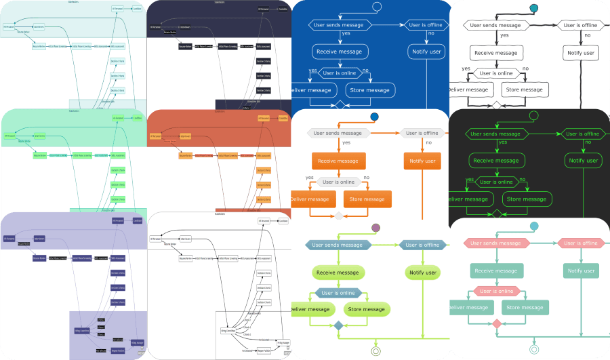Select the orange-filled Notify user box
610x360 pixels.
coord(423,161)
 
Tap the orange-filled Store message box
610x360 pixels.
coord(367,199)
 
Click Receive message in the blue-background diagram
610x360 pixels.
coord(340,51)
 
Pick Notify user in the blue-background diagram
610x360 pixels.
coord(426,51)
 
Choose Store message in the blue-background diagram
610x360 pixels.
coord(368,89)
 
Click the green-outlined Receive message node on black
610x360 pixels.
coord(497,161)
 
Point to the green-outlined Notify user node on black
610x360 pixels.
coord(582,161)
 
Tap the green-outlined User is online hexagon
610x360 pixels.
coord(497,182)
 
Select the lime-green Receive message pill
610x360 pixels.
coord(338,273)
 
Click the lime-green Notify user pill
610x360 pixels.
coord(424,273)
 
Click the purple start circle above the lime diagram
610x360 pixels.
coord(376,228)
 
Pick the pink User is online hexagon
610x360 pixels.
coord(495,291)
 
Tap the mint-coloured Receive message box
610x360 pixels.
coord(495,271)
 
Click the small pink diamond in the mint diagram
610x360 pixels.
coord(496,325)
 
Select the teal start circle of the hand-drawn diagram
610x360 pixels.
coord(533,8)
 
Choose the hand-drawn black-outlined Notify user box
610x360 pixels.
coord(581,52)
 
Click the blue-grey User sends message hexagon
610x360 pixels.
coord(337,245)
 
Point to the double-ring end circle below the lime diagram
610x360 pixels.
coord(375,351)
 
